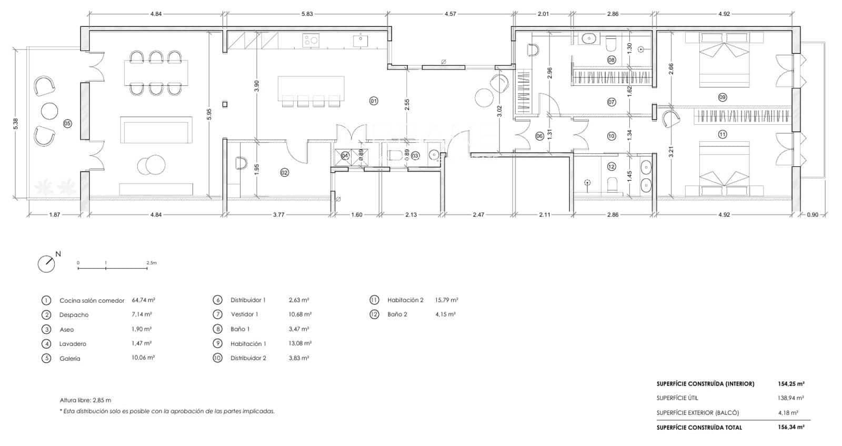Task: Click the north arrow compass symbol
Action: [x=47, y=263]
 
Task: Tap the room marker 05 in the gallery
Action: [x=67, y=123]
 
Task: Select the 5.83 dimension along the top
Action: [x=307, y=14]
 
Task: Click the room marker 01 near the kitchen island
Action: [x=374, y=101]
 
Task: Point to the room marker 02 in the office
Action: [x=285, y=172]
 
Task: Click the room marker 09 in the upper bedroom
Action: [x=722, y=97]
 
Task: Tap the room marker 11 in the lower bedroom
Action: [x=722, y=134]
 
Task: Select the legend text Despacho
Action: [x=74, y=315]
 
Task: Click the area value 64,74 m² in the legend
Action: [x=143, y=300]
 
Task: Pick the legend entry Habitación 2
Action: [x=405, y=300]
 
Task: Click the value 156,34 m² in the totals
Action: [x=791, y=428]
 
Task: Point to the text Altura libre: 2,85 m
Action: [x=85, y=400]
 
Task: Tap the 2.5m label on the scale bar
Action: [x=152, y=262]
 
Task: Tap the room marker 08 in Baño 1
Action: [x=612, y=60]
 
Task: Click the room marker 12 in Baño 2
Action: [x=611, y=166]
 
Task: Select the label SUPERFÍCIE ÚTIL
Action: [x=677, y=398]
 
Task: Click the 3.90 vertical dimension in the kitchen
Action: [x=256, y=86]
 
